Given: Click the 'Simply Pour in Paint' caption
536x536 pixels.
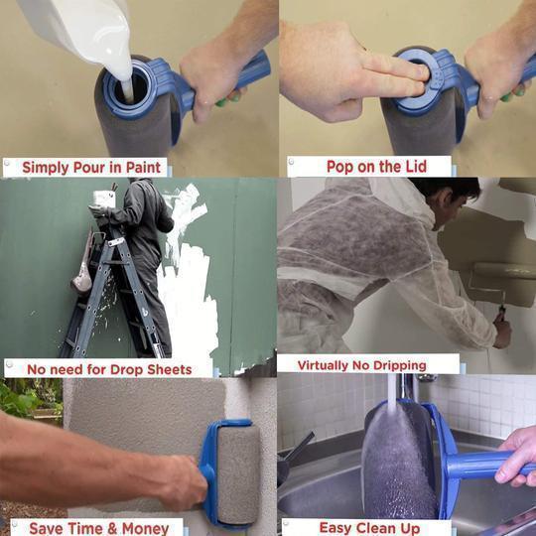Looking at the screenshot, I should click(x=93, y=167).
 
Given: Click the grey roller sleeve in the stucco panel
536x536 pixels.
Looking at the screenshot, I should click(x=238, y=471).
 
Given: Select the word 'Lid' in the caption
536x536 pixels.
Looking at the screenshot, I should click(x=412, y=167).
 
